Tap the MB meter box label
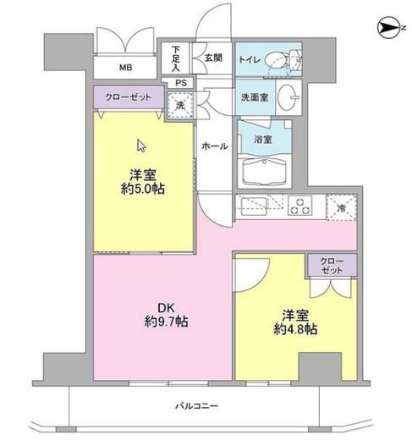click(x=124, y=69)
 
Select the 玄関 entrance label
click(x=212, y=58)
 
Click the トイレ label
click(x=250, y=59)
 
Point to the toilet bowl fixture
click(x=277, y=60)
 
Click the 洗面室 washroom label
click(x=252, y=98)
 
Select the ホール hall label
click(x=214, y=146)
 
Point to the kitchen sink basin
click(x=254, y=206)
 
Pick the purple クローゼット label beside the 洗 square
click(x=128, y=98)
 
